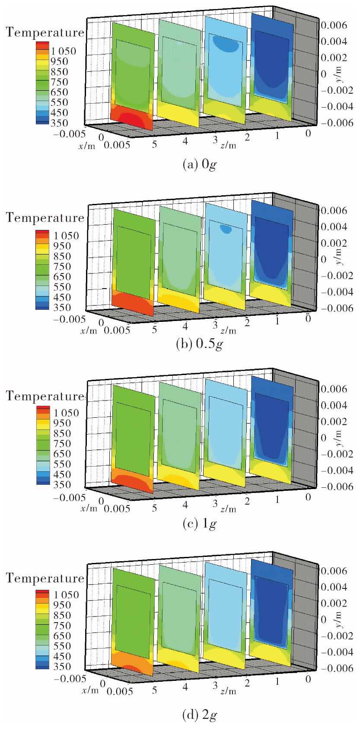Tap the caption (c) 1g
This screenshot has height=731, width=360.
click(x=200, y=524)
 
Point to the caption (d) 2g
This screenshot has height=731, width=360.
click(x=200, y=715)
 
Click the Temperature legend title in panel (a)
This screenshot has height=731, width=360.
click(x=45, y=33)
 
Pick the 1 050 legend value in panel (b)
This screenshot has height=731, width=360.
click(x=66, y=236)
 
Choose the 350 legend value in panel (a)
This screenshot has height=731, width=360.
click(x=59, y=123)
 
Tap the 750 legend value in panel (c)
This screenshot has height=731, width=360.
click(x=62, y=444)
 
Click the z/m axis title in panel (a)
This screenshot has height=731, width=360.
click(x=228, y=145)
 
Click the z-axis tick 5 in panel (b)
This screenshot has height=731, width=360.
click(x=154, y=330)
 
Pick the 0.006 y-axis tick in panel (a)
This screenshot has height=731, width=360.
click(x=334, y=25)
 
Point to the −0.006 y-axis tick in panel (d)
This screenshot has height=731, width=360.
click(x=337, y=668)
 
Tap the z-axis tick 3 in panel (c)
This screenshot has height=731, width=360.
click(x=215, y=504)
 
